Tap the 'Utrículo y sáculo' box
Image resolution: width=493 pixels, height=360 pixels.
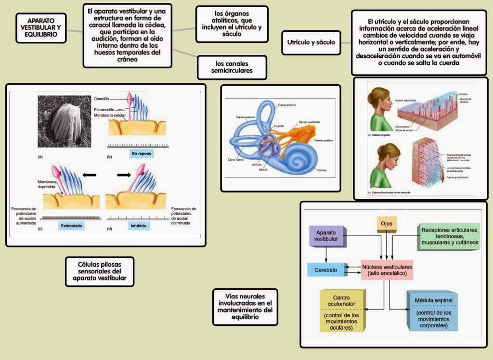click(x=311, y=42)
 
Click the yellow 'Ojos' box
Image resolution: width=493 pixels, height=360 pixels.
click(x=386, y=224)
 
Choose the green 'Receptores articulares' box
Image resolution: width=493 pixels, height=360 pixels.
click(x=450, y=236)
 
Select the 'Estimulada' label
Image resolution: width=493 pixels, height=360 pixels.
click(x=71, y=225)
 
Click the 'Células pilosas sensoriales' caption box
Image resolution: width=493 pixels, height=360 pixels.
click(x=99, y=271)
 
